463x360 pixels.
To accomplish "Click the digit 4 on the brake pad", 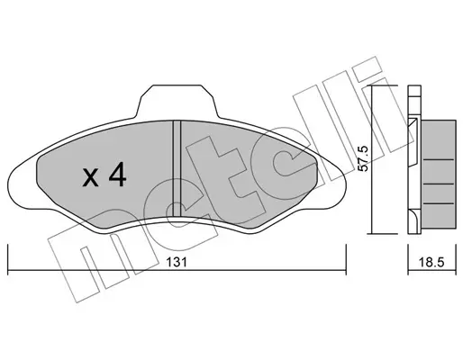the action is click(x=117, y=175).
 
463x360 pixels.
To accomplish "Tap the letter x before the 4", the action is click(x=90, y=177).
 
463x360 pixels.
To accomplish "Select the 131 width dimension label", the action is click(x=177, y=262).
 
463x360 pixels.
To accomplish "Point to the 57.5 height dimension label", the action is click(x=363, y=158).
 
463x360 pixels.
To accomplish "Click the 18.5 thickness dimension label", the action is click(x=431, y=263).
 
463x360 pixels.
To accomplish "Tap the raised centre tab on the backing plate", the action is click(x=177, y=102).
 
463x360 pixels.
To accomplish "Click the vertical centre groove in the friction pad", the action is click(x=177, y=168).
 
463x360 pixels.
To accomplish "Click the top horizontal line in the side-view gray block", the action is click(x=439, y=160).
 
